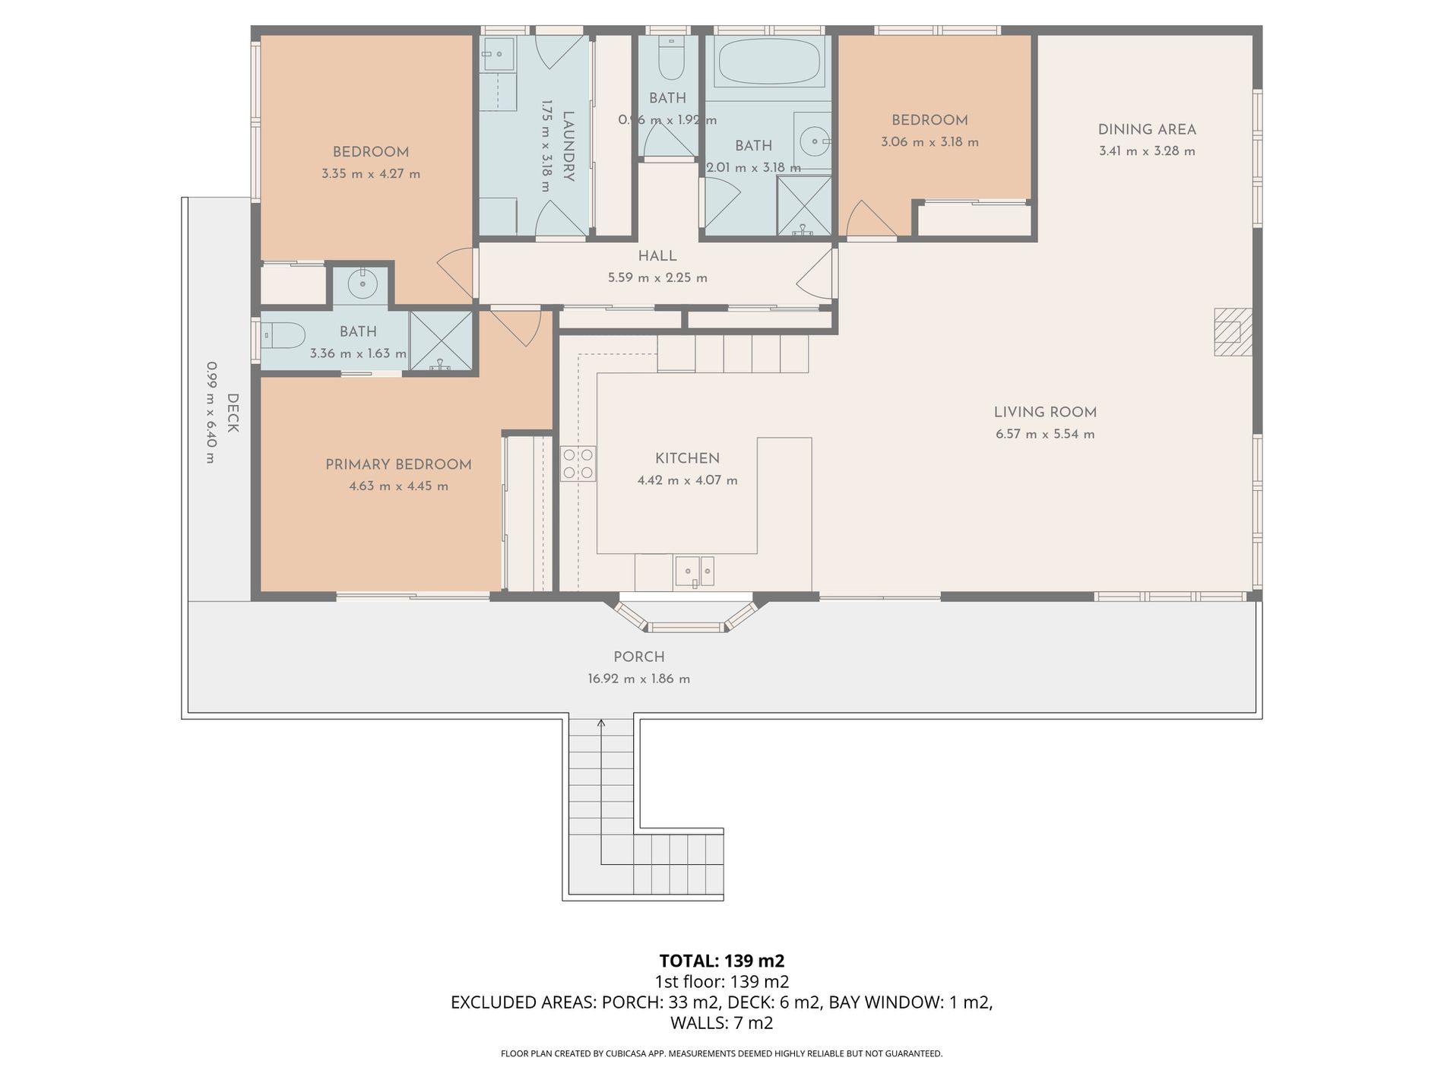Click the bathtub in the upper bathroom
pyautogui.click(x=769, y=62)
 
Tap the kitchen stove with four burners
pyautogui.click(x=578, y=464)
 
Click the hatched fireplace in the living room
pyautogui.click(x=1232, y=331)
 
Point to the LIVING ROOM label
pyautogui.click(x=1045, y=413)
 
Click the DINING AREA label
pyautogui.click(x=1147, y=130)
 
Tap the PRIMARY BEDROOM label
pyautogui.click(x=398, y=464)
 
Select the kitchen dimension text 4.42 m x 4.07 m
pyautogui.click(x=687, y=480)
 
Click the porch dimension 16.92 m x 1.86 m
pyautogui.click(x=638, y=679)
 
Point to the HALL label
pyautogui.click(x=657, y=256)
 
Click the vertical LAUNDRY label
pyautogui.click(x=568, y=146)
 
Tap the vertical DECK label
pyautogui.click(x=233, y=413)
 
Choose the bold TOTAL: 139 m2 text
pyautogui.click(x=722, y=961)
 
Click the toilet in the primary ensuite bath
pyautogui.click(x=283, y=334)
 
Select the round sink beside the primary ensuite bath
pyautogui.click(x=362, y=285)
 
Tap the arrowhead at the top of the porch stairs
pyautogui.click(x=601, y=723)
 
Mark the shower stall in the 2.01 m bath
pyautogui.click(x=804, y=206)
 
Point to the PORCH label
pyautogui.click(x=639, y=657)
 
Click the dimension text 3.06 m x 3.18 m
pyautogui.click(x=929, y=142)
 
